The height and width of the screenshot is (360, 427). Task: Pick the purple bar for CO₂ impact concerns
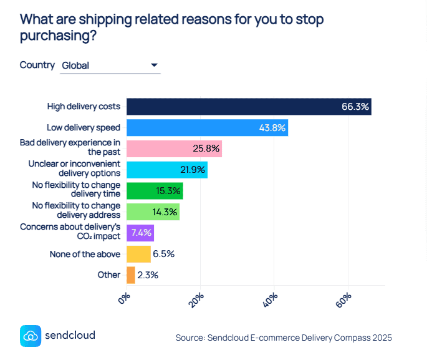click(140, 233)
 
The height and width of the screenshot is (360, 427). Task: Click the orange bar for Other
click(130, 275)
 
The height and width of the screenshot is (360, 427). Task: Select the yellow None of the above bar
click(138, 254)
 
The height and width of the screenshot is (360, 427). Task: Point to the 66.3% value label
click(355, 107)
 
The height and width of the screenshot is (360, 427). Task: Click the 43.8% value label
click(272, 128)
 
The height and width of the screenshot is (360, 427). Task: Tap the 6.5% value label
click(163, 254)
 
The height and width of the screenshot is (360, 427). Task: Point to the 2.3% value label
click(148, 275)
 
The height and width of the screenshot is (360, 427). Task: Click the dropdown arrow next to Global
click(154, 65)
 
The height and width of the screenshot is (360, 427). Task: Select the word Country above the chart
click(37, 65)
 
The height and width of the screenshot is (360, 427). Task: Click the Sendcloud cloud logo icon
click(30, 335)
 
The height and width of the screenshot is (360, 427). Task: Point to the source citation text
click(284, 338)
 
